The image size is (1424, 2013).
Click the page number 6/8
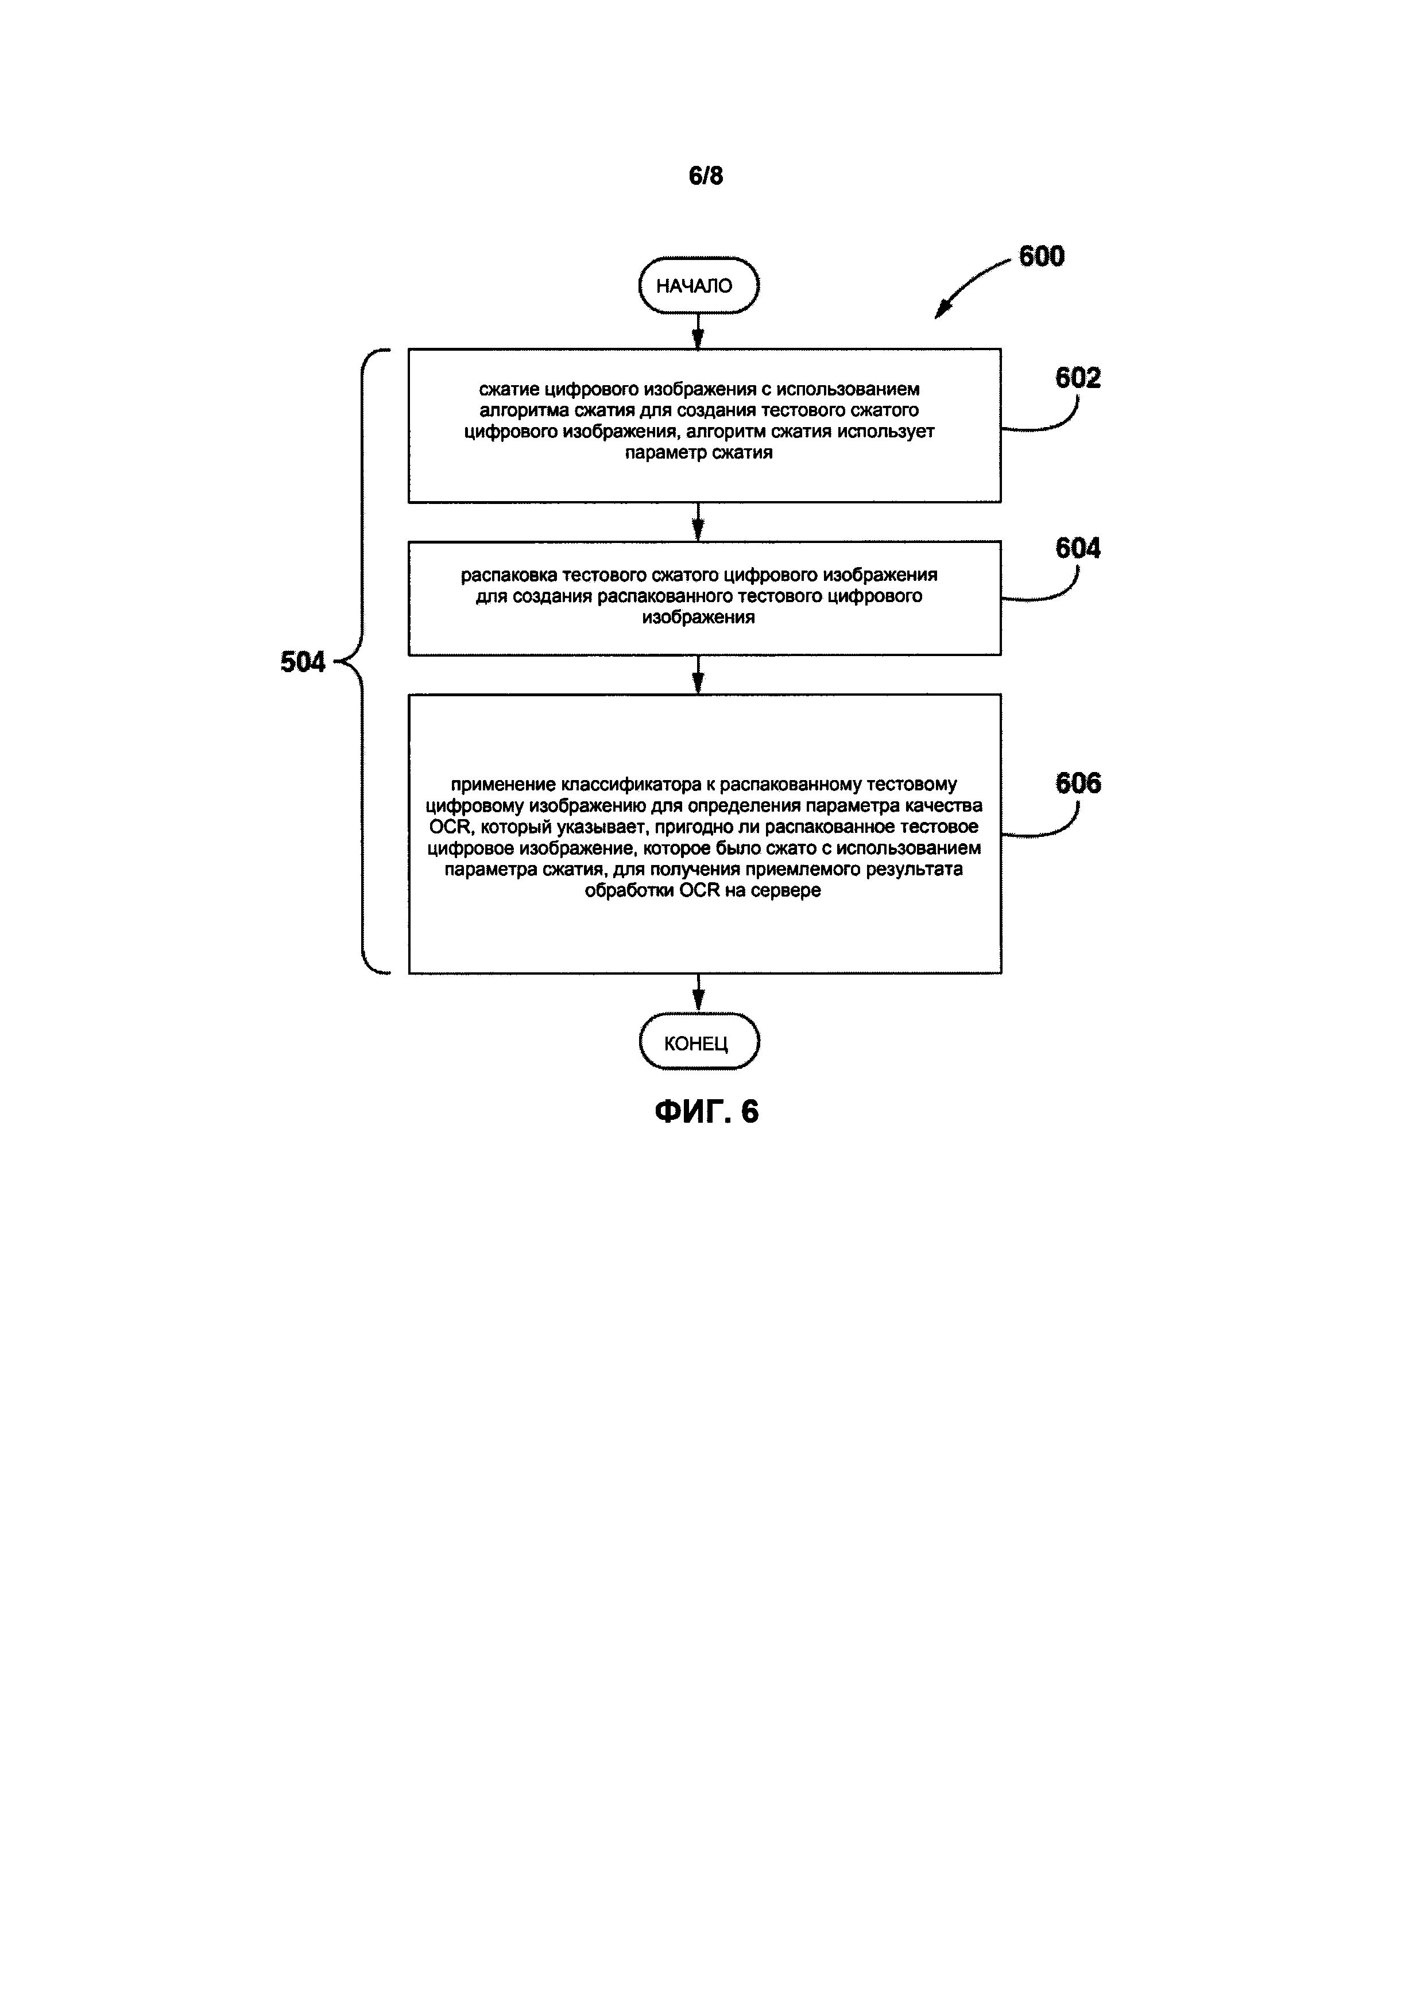click(706, 176)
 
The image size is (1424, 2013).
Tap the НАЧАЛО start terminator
click(698, 286)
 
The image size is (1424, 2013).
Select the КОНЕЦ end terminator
click(698, 1042)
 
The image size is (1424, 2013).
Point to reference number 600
click(1041, 256)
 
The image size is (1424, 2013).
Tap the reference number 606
click(1078, 783)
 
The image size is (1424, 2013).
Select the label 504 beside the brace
click(303, 662)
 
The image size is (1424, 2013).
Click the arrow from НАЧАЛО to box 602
click(698, 331)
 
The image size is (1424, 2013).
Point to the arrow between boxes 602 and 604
click(698, 522)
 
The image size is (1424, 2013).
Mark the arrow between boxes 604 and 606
click(698, 674)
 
